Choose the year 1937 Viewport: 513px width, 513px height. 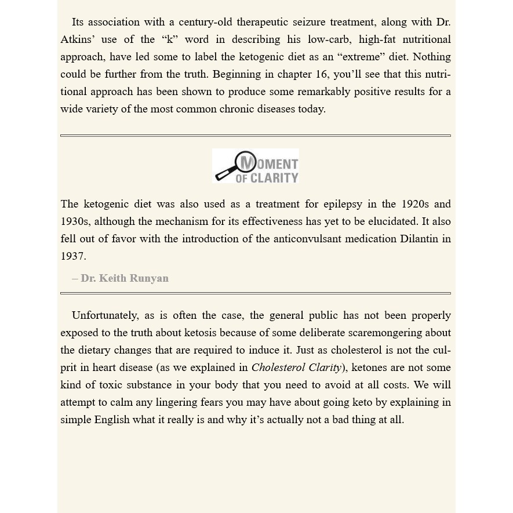tap(73, 256)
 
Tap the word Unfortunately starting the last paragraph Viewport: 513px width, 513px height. tap(105, 315)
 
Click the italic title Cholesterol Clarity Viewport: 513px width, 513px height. tap(296, 368)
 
